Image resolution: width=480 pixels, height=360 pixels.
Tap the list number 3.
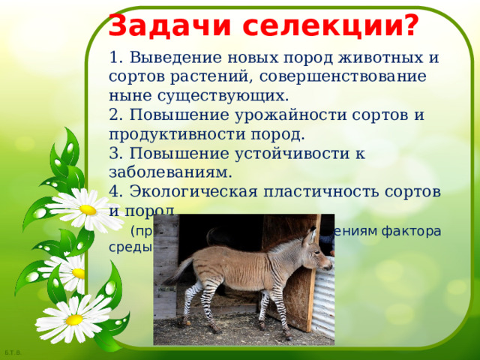[114, 154]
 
